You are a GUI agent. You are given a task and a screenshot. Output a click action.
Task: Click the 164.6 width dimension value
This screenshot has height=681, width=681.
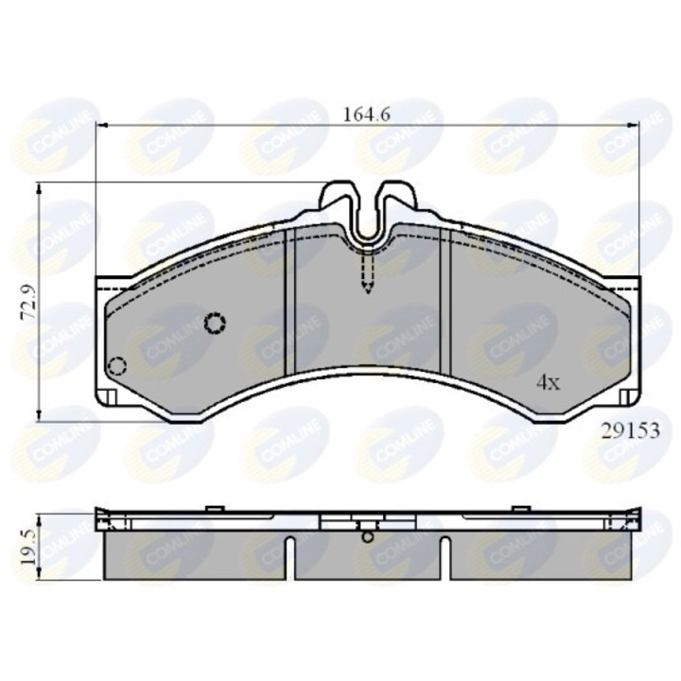point(368,114)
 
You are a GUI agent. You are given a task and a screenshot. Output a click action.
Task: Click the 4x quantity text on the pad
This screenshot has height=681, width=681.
point(549,383)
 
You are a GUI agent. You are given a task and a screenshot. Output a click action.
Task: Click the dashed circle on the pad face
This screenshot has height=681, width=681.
point(216,323)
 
